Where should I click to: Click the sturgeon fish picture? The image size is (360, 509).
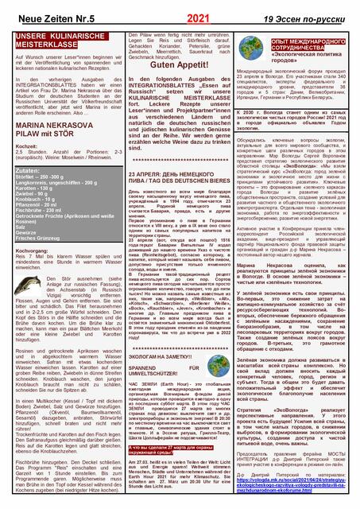tap(29, 309)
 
